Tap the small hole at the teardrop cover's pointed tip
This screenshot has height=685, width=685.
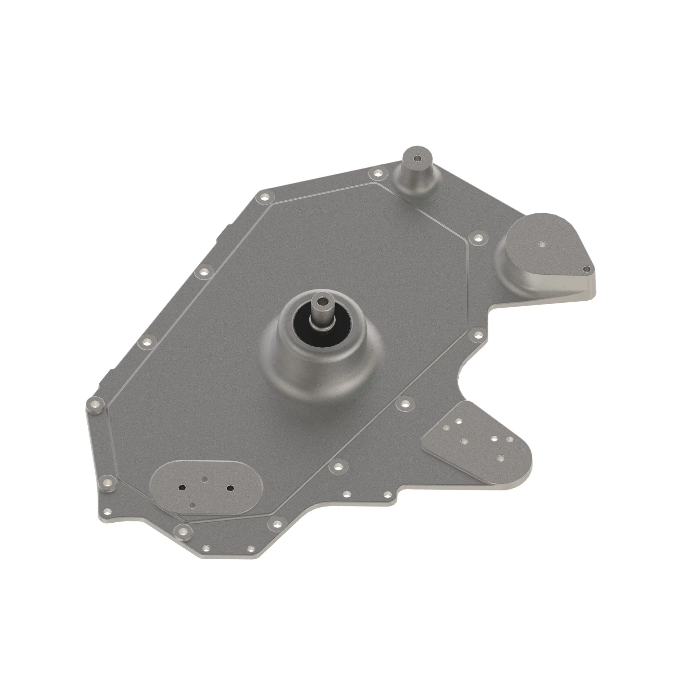587,270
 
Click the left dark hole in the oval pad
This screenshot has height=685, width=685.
182,487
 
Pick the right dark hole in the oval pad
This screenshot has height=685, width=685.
230,488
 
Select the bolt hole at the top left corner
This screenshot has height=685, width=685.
264,197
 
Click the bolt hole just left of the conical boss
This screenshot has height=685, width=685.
377,173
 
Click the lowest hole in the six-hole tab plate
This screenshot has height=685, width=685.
500,458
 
